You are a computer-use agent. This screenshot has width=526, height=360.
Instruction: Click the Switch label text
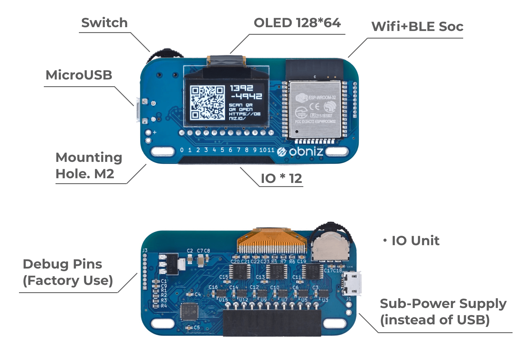tap(104, 23)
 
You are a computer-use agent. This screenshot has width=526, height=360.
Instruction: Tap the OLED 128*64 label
tap(297, 23)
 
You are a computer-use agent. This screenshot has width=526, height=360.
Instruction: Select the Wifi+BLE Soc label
tap(417, 27)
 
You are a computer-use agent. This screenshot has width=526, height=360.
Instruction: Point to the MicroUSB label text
tap(79, 75)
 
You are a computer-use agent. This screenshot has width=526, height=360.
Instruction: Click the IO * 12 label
tap(281, 179)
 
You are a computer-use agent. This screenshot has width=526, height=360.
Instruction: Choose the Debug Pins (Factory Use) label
tap(68, 272)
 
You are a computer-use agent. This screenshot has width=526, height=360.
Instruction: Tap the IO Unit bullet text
tap(415, 241)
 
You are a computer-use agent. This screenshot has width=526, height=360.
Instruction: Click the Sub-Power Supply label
tap(443, 311)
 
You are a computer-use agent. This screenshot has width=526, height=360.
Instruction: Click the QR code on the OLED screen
tap(207, 103)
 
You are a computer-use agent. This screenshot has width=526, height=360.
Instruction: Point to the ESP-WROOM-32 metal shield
tap(315, 110)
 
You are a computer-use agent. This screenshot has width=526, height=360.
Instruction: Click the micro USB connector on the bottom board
tap(352, 283)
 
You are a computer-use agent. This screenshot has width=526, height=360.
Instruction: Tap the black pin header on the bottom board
tap(272, 323)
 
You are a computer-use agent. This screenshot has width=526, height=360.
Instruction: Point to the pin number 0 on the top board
tap(182, 150)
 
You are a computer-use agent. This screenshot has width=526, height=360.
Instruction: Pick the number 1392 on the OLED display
tap(241, 88)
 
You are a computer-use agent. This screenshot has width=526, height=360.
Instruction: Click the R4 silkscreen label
tap(164, 306)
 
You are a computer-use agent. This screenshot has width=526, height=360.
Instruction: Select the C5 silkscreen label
tap(197, 328)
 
